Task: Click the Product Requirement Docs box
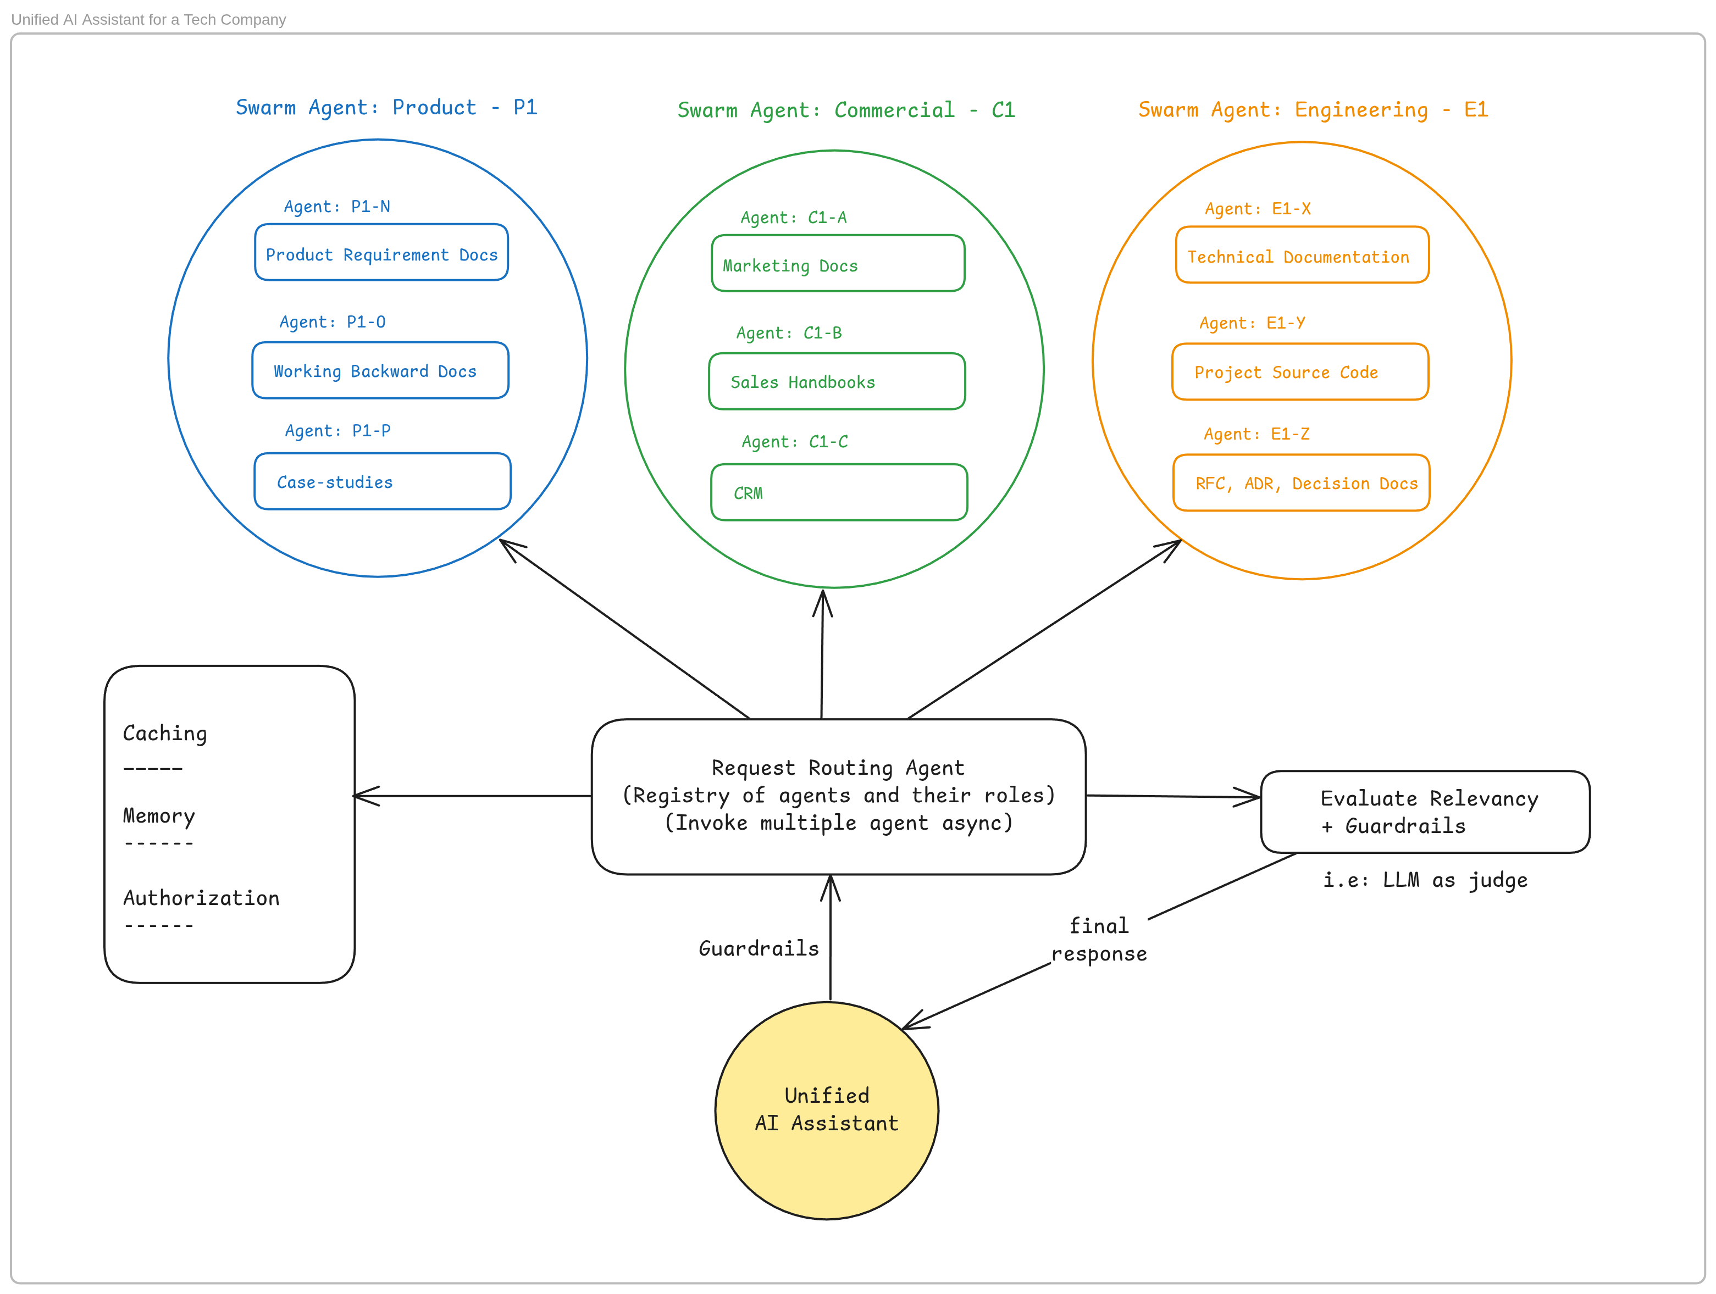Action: tap(381, 253)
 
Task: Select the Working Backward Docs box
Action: tap(380, 370)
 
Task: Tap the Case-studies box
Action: tap(381, 481)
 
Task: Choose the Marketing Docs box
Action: tap(838, 264)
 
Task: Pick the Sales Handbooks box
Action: tap(836, 381)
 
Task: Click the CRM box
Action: tap(839, 492)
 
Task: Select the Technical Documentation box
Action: tap(1302, 255)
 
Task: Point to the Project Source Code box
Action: tap(1299, 372)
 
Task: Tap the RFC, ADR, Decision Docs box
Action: tap(1301, 483)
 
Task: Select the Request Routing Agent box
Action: tap(838, 796)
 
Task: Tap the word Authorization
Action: tap(201, 898)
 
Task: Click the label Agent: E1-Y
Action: tap(1252, 323)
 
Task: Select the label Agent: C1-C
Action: tap(794, 442)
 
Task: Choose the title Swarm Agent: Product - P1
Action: tap(386, 107)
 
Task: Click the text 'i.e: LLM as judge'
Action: tap(1424, 880)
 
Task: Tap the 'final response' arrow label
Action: tap(1099, 940)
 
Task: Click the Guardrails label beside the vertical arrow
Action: tap(758, 948)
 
